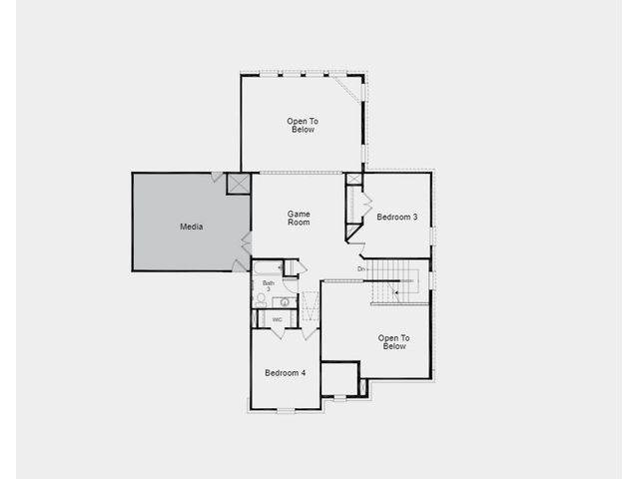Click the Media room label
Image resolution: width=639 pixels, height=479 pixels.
(x=191, y=227)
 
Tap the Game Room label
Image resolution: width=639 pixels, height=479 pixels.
(x=299, y=218)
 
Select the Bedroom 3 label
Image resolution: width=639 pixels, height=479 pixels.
(x=397, y=218)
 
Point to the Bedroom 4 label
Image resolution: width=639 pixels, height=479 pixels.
(x=286, y=372)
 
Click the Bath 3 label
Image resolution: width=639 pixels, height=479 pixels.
(x=269, y=285)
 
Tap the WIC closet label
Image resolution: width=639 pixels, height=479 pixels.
(x=278, y=319)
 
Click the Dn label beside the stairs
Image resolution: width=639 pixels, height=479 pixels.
(x=361, y=269)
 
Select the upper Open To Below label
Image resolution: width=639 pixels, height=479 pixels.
(x=303, y=126)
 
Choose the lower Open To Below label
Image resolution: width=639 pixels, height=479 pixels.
(x=393, y=342)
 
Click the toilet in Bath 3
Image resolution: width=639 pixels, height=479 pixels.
(x=261, y=299)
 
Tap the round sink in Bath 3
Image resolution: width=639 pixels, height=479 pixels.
(x=285, y=302)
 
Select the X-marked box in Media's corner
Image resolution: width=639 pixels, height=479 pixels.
(x=239, y=184)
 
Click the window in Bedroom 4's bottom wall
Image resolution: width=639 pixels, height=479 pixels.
(x=286, y=410)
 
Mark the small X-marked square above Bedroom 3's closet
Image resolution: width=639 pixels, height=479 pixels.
(x=353, y=179)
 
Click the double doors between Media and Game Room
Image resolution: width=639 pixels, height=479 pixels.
(x=247, y=243)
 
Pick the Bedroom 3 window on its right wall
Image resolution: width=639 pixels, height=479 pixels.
(x=432, y=237)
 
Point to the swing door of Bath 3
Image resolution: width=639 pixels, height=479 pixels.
(x=291, y=285)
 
